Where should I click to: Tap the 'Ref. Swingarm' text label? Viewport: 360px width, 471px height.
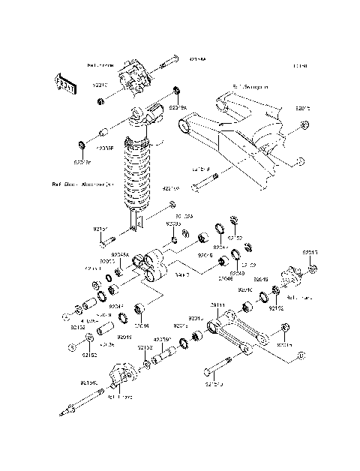click(250, 87)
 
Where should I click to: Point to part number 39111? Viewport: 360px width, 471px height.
click(217, 305)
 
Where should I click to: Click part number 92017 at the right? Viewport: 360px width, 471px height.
click(310, 253)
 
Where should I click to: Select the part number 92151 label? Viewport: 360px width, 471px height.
click(100, 229)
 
